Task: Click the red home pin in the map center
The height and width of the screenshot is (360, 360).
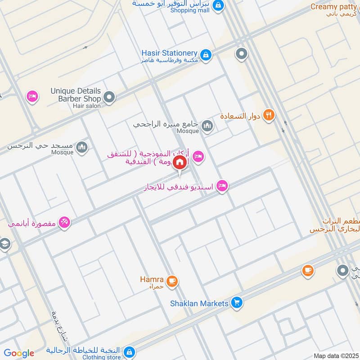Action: coord(180,162)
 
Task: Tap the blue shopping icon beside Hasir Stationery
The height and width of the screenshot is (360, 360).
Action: coord(206,55)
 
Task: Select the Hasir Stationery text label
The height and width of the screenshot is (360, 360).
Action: coord(169,54)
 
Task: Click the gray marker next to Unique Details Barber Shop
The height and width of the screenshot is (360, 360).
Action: coord(109,97)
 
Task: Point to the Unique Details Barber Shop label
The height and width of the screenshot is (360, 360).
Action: coord(76,94)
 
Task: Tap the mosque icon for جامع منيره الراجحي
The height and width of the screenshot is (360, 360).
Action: coord(207,126)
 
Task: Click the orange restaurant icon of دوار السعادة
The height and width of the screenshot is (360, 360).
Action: coord(269,116)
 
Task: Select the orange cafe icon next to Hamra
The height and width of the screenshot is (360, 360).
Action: coord(171,282)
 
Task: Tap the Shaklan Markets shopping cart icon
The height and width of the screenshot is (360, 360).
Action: coord(237,303)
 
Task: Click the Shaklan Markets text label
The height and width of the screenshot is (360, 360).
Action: coord(199,303)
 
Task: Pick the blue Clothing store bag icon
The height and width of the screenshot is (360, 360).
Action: coord(129,351)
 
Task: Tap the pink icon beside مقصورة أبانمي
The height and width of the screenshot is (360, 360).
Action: coord(64,222)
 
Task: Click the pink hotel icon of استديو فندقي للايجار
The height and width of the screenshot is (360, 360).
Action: coord(222,185)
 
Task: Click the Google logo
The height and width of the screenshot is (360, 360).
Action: coord(19,353)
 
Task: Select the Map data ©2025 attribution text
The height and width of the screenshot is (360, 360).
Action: coord(335,355)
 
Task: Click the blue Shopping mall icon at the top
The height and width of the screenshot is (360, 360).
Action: coord(218,5)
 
